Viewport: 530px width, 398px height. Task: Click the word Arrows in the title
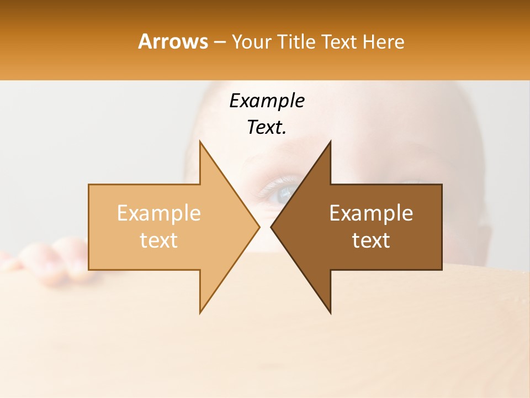(173, 41)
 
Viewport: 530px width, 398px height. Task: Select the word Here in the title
(383, 42)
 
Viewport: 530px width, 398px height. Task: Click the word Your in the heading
(251, 42)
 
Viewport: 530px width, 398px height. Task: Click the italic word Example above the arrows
(267, 101)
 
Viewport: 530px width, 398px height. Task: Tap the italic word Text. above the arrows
(267, 128)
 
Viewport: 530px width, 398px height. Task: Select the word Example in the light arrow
(159, 213)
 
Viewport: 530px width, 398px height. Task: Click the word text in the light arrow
(159, 240)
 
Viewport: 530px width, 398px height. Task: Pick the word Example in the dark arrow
(371, 213)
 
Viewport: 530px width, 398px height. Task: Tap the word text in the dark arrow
(371, 240)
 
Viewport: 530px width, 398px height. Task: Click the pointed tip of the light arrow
(258, 227)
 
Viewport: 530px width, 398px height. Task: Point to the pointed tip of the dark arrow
(272, 227)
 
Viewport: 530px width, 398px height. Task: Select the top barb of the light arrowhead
(201, 145)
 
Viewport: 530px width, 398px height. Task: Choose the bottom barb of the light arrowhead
(201, 310)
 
